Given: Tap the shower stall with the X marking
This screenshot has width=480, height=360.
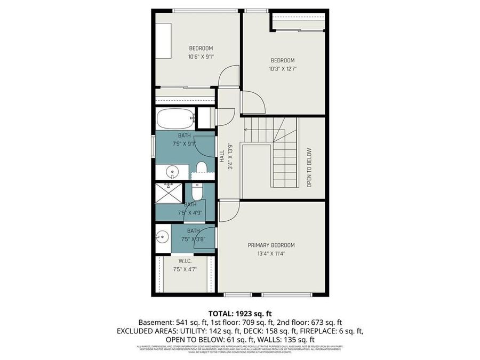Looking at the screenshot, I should [x=169, y=194].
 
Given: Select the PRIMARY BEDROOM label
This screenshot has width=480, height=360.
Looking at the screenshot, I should [x=271, y=245].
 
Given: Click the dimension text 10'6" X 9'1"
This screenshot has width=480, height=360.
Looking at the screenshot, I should [x=201, y=57].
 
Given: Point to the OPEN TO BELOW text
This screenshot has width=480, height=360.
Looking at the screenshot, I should [x=309, y=167].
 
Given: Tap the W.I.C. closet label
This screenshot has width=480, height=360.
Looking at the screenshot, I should [x=185, y=261].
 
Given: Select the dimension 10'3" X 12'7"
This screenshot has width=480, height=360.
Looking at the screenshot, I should [x=283, y=69].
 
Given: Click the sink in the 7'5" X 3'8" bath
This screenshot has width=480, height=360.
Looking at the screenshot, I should [x=163, y=234].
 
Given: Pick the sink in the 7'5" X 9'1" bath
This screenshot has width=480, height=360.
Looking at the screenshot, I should [x=172, y=172].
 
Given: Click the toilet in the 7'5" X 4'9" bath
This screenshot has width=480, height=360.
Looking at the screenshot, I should [x=196, y=191].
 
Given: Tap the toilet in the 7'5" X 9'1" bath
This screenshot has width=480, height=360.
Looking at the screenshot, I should [x=201, y=169].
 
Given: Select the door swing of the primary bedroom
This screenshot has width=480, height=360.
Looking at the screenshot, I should [x=227, y=211].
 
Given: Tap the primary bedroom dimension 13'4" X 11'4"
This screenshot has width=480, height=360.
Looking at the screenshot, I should [x=271, y=254].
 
